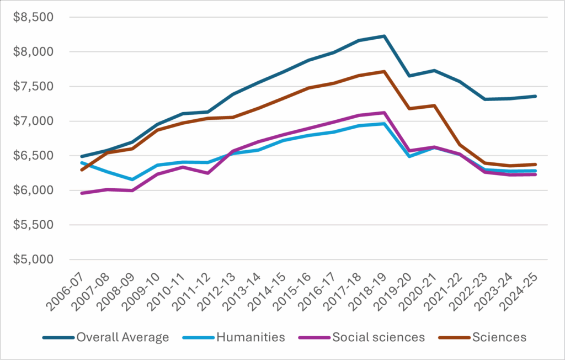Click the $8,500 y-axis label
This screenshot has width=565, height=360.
click(34, 17)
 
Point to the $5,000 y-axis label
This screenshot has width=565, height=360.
click(34, 260)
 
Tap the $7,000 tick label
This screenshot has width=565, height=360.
click(34, 121)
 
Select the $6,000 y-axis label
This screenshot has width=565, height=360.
click(34, 190)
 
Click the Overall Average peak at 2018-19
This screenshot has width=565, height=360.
click(383, 36)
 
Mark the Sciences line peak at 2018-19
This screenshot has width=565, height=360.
click(383, 71)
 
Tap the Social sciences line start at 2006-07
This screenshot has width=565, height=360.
click(82, 193)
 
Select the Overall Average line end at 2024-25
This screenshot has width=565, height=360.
click(535, 96)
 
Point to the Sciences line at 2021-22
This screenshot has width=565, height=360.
click(460, 145)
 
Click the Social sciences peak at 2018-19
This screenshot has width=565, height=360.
click(383, 113)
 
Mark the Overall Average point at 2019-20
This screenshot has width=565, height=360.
click(409, 76)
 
